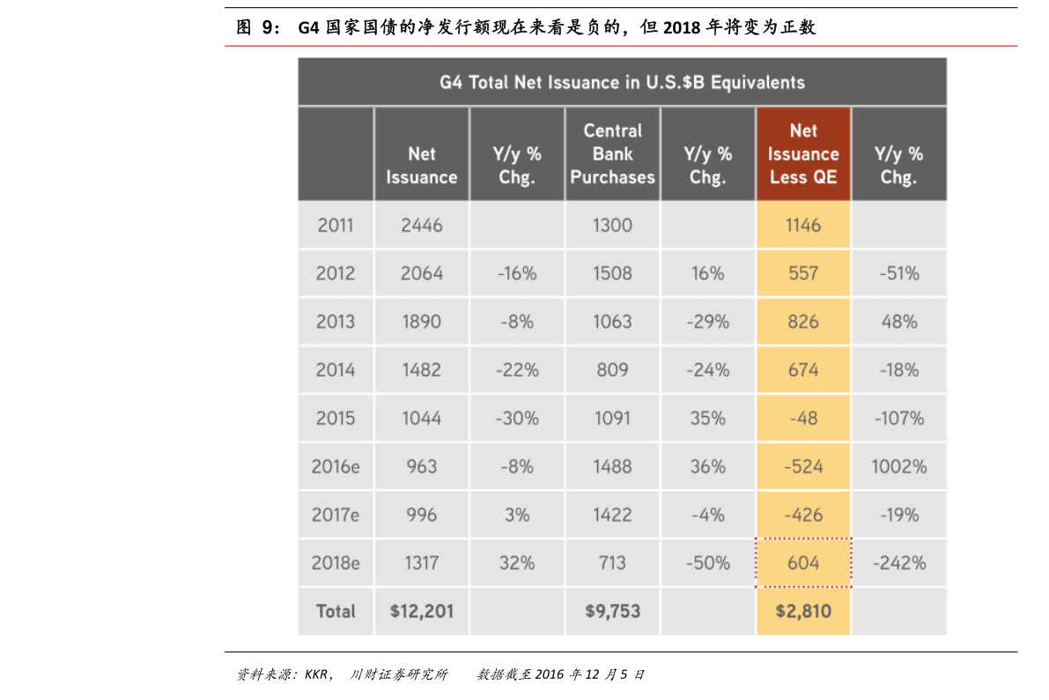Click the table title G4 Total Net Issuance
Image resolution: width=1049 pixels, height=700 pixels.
coord(622,82)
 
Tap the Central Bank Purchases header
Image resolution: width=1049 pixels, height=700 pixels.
coord(612,153)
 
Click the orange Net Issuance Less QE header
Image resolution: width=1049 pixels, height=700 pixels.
coord(803,153)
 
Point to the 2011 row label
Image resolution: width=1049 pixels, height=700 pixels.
coord(335,225)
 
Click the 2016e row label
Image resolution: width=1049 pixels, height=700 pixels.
coord(335,466)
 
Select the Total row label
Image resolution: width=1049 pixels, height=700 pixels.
coord(335,611)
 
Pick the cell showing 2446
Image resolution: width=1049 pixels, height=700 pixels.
coord(421,225)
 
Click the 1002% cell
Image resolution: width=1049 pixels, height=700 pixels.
coord(898,466)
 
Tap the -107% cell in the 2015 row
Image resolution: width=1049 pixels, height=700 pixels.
coord(898,418)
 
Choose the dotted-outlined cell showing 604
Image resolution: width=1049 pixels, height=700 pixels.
coord(803,562)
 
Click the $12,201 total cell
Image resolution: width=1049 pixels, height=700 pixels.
coord(421,611)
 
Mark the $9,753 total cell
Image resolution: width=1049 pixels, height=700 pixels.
coord(612,611)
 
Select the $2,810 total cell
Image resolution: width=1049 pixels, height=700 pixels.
coord(803,611)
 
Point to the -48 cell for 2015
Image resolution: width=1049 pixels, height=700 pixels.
coord(803,418)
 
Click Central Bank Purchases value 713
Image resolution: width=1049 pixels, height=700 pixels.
coord(612,562)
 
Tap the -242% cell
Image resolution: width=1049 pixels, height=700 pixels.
coord(898,562)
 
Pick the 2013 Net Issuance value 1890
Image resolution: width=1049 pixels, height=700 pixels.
coord(421,322)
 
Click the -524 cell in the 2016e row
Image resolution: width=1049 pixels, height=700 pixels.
coord(803,466)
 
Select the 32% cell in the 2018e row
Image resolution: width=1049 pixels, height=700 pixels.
coord(517,562)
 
